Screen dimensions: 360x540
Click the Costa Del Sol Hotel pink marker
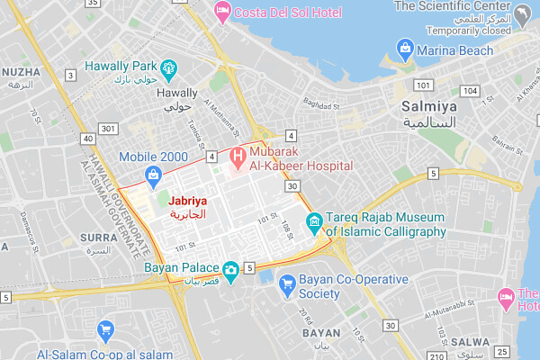point(221,12)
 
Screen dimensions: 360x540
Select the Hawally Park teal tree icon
point(166,67)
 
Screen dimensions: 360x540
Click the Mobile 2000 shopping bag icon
point(153,175)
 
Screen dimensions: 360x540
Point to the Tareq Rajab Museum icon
point(314,221)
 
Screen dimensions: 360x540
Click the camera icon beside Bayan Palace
point(231,269)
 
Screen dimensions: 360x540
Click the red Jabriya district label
point(187,201)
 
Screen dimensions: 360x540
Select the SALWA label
point(474,343)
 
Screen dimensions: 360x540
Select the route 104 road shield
point(469,91)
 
